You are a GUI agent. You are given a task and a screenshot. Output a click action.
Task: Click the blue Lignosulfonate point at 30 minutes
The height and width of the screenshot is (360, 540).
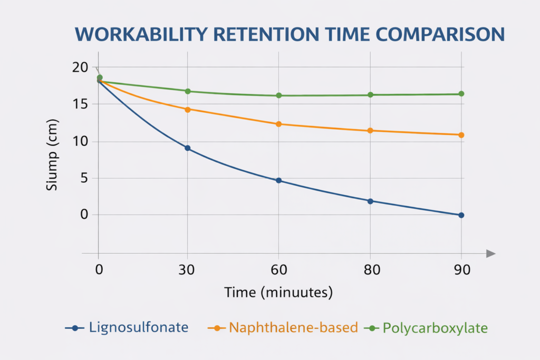pyautogui.click(x=187, y=148)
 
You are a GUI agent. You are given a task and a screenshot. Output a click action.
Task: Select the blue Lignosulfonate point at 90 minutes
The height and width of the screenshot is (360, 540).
pyautogui.click(x=461, y=215)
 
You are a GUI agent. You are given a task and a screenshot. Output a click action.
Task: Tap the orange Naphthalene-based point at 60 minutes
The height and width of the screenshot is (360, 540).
pyautogui.click(x=279, y=124)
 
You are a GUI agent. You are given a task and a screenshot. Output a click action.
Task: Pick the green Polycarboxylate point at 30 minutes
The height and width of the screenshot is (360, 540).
pyautogui.click(x=187, y=91)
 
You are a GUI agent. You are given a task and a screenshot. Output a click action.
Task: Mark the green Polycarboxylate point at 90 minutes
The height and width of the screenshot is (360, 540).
pyautogui.click(x=461, y=94)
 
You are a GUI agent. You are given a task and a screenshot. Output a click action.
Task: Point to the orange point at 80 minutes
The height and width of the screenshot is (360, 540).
pyautogui.click(x=370, y=130)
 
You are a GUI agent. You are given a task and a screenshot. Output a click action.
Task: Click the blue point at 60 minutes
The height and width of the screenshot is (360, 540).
pyautogui.click(x=279, y=180)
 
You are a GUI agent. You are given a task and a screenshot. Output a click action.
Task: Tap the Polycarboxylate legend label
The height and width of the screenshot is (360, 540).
pyautogui.click(x=435, y=327)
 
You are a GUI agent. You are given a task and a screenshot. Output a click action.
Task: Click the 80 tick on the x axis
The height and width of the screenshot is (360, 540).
pyautogui.click(x=370, y=269)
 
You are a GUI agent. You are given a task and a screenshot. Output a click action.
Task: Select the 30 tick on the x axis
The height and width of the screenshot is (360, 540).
pyautogui.click(x=187, y=269)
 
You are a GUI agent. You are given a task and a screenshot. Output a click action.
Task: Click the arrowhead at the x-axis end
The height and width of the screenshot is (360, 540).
pyautogui.click(x=491, y=254)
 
